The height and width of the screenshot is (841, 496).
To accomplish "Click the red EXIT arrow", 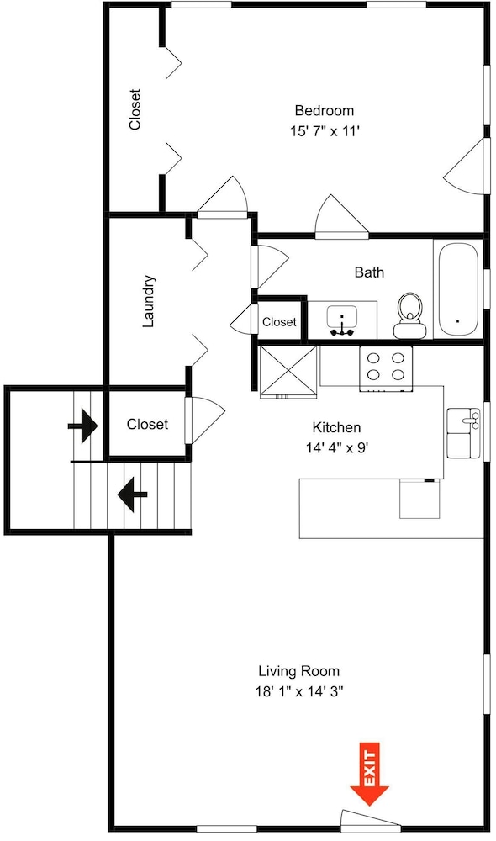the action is pyautogui.click(x=369, y=774).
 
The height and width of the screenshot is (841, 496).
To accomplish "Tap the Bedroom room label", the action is pyautogui.click(x=325, y=110).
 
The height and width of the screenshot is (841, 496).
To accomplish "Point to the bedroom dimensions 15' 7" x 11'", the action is pyautogui.click(x=325, y=131).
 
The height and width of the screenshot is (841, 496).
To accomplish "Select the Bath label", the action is pyautogui.click(x=369, y=272).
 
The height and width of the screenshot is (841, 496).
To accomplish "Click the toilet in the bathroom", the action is pyautogui.click(x=409, y=315).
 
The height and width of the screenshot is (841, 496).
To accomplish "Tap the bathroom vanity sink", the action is pyautogui.click(x=342, y=320).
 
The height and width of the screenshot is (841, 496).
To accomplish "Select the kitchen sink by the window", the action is pyautogui.click(x=463, y=433).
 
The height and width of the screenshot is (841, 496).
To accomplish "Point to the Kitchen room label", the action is pyautogui.click(x=336, y=427).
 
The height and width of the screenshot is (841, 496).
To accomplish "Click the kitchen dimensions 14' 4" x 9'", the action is pyautogui.click(x=337, y=447).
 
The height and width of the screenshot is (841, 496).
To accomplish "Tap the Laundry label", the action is pyautogui.click(x=149, y=301).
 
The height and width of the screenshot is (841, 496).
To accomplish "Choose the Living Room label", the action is pyautogui.click(x=298, y=671).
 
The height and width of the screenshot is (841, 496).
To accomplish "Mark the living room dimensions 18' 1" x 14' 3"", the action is pyautogui.click(x=298, y=691).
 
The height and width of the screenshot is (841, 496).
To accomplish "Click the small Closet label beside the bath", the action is pyautogui.click(x=279, y=322).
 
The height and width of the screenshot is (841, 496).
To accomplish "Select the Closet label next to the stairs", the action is pyautogui.click(x=147, y=424).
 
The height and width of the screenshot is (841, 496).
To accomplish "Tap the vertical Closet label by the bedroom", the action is pyautogui.click(x=135, y=109).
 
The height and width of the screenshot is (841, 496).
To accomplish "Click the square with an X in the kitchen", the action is pyautogui.click(x=288, y=372).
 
